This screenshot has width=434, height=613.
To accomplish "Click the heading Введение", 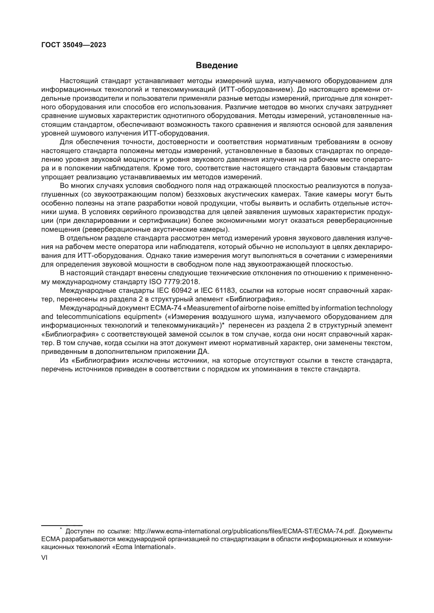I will [216, 66].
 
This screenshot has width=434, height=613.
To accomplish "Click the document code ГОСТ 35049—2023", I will [73, 45].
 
